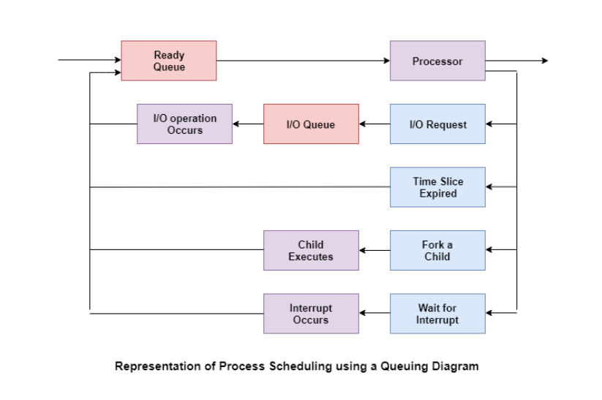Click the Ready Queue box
(168, 61)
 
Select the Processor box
(437, 61)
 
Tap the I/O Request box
(437, 124)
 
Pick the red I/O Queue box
(311, 124)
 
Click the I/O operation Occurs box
(184, 124)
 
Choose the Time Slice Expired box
(437, 187)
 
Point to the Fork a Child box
(437, 250)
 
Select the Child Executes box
(311, 250)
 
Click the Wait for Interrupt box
(437, 314)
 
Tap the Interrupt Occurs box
(311, 314)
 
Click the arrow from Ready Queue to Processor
(303, 61)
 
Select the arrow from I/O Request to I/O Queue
(375, 124)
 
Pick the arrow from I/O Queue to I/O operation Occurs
(248, 124)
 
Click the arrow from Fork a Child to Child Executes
(375, 250)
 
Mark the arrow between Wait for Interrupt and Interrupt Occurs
(375, 314)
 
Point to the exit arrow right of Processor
(516, 61)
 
